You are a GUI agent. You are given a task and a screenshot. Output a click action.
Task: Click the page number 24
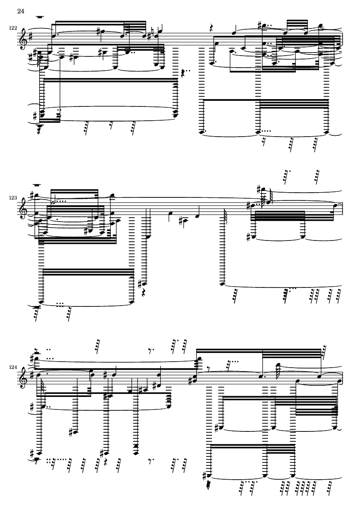pos(20,11)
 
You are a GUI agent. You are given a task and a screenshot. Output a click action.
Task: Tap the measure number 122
pos(13,28)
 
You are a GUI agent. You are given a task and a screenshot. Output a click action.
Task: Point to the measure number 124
pos(13,367)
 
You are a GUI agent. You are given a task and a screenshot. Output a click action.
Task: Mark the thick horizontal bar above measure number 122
pos(40,16)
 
